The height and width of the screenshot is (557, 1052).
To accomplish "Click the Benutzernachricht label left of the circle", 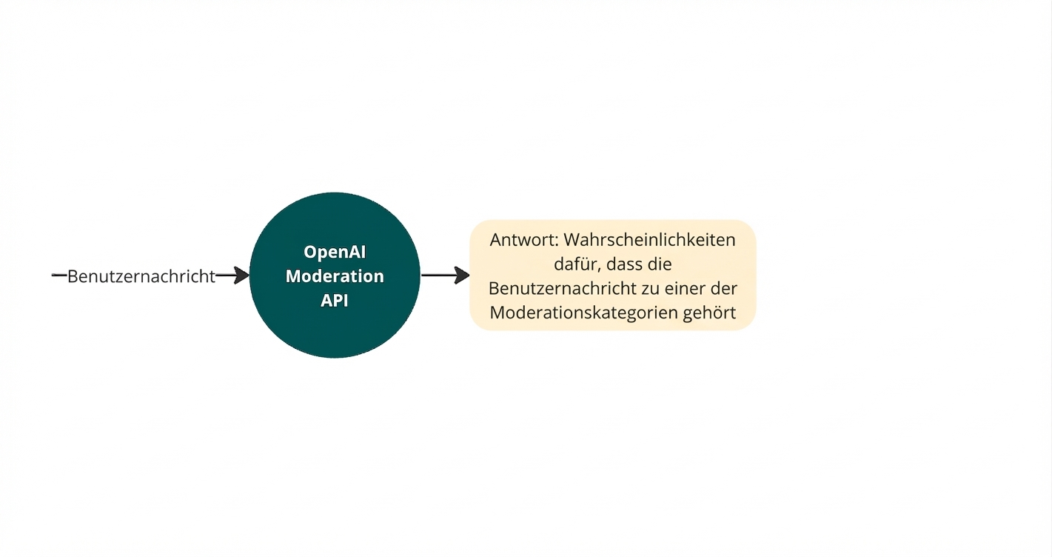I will [x=141, y=276].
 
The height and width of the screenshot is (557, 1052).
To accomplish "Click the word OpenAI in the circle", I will [x=335, y=252].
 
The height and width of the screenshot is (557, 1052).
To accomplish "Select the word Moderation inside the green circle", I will [x=335, y=276].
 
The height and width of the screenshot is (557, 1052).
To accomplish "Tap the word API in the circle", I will [x=335, y=301].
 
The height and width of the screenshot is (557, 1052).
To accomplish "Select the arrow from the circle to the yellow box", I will [x=445, y=276].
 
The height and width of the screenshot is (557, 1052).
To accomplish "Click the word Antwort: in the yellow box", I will [x=523, y=240].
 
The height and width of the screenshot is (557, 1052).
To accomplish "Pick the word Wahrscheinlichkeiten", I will [x=649, y=240].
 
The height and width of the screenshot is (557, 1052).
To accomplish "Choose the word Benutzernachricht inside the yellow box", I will [x=562, y=288].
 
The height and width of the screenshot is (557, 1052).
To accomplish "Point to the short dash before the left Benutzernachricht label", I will [x=59, y=276].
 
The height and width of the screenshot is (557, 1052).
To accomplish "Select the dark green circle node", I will [x=335, y=333].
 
